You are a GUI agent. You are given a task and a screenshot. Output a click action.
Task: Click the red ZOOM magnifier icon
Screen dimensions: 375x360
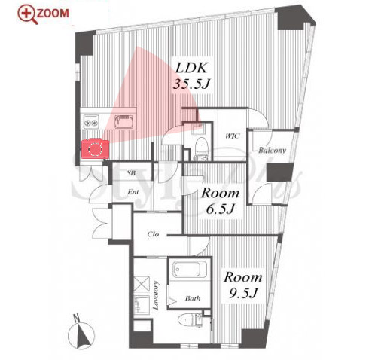tap(28, 14)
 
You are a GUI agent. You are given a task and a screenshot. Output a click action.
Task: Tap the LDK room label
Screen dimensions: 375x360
tap(191, 68)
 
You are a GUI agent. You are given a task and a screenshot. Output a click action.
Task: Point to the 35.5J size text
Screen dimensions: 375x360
tap(191, 84)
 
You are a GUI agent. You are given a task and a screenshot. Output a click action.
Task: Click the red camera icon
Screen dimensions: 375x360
tap(95, 148)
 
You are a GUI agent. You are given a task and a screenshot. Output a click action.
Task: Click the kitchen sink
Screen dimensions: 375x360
tap(123, 121)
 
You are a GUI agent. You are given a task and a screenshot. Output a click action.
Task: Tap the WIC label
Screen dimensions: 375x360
tap(233, 136)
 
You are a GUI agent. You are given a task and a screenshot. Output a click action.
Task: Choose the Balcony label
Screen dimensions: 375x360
tap(272, 151)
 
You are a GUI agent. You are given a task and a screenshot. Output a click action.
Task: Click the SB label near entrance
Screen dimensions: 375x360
tap(131, 173)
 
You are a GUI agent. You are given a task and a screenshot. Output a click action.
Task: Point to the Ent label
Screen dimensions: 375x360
tap(133, 192)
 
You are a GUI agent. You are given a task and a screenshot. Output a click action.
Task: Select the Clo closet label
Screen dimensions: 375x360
tap(153, 234)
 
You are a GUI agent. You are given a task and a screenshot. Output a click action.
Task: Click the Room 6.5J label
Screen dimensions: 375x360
tap(220, 201)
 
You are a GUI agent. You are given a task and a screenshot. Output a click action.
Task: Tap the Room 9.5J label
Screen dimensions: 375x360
tap(243, 285)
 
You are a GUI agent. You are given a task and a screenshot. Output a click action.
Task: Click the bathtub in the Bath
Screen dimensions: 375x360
tap(191, 269)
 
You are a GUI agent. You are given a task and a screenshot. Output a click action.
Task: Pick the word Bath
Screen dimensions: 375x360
tap(193, 298)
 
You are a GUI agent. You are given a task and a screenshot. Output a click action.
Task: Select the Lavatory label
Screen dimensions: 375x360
tap(156, 296)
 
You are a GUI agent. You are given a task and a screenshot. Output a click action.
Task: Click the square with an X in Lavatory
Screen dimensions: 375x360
tap(142, 284)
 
